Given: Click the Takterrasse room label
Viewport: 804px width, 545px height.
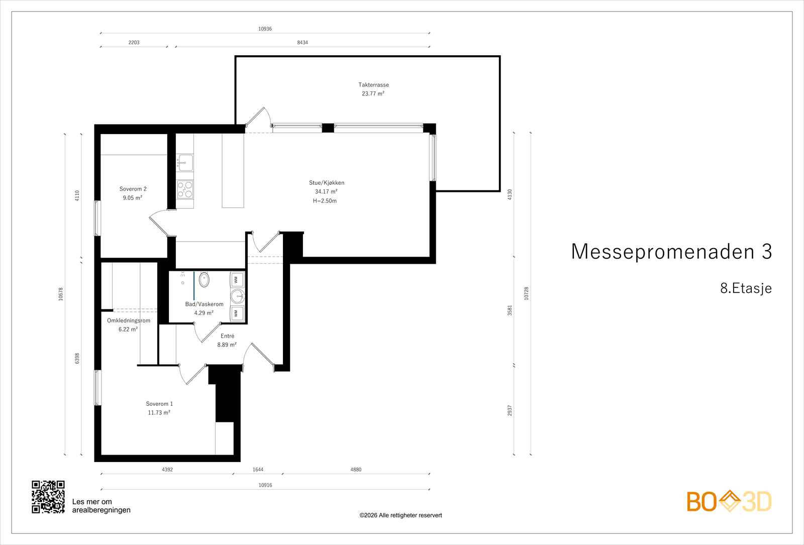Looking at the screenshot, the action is point(373,85).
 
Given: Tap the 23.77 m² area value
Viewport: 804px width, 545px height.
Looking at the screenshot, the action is point(373,93).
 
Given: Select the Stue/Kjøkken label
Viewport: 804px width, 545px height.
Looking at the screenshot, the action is point(326,183).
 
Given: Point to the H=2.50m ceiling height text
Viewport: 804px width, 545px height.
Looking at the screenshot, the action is point(325,201).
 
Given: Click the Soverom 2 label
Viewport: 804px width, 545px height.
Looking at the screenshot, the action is point(133,189).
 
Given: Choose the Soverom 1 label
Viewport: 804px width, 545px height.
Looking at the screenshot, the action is point(159,404).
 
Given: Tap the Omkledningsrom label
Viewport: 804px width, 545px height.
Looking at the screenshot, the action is point(129,320).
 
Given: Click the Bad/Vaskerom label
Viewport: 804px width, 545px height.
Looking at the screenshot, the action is point(204,304).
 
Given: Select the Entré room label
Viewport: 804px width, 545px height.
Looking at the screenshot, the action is point(227,336).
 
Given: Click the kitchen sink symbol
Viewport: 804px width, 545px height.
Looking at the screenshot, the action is point(185,163).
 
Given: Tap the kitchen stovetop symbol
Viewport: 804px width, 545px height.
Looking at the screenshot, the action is point(185,189).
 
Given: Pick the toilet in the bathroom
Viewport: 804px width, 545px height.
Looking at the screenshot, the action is point(204,280).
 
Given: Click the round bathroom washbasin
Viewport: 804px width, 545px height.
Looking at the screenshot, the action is point(237,297).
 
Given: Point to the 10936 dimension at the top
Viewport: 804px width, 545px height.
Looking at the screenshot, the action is point(265,29).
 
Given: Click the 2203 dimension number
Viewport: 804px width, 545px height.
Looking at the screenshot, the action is point(134,42).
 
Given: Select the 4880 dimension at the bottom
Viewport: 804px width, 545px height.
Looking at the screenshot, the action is point(356,469).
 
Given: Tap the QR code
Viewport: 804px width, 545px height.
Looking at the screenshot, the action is point(48,497).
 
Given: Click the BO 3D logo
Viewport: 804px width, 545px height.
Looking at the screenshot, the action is point(729,501).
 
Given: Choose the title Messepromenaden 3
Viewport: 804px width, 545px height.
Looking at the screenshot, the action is point(671,252).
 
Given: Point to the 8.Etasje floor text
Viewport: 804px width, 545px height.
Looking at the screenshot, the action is point(746,288).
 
